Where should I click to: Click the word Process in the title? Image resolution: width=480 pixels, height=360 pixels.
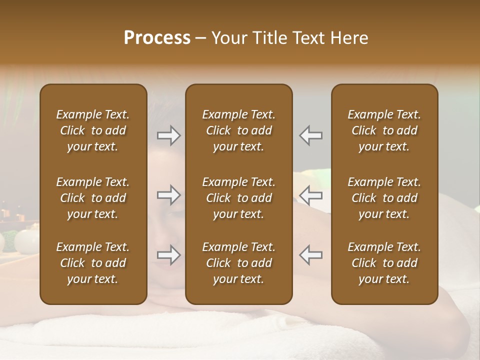pos(157,38)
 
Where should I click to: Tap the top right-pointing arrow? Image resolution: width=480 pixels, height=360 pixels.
pos(169,135)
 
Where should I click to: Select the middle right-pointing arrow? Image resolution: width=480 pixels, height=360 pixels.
pos(169,195)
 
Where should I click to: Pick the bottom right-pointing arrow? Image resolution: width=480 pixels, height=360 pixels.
pos(169,255)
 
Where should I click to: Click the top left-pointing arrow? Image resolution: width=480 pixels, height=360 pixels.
pos(310,135)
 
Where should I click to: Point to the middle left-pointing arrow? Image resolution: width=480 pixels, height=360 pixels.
pos(310,195)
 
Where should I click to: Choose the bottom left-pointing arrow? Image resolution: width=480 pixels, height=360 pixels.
pos(310,255)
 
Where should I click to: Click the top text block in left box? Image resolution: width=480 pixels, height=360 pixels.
pos(93,130)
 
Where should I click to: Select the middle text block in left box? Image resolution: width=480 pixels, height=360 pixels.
pos(93,198)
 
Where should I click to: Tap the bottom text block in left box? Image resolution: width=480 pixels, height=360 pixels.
pos(93,263)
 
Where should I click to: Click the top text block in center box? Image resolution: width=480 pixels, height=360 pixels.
pos(239,130)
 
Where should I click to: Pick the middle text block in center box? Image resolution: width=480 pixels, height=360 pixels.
pos(239,198)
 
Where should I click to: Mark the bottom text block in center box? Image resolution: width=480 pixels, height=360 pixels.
pos(239,263)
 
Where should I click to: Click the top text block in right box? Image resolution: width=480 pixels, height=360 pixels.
pos(384,130)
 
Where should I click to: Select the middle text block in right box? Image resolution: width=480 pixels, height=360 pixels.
pos(384,198)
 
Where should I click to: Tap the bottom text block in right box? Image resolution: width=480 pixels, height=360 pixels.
pos(384,263)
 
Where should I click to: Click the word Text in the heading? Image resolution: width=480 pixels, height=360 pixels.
pos(308,38)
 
